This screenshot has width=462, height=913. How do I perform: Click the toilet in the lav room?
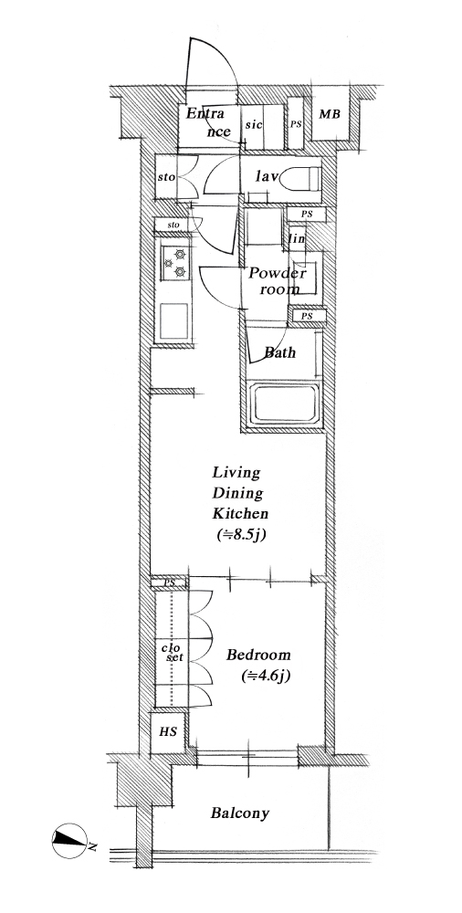tap(300, 178)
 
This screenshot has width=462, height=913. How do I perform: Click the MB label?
tap(330, 114)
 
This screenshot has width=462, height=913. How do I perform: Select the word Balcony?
tap(240, 813)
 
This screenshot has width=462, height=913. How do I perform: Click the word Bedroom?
tap(258, 655)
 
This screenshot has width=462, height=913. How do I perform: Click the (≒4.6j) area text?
tap(266, 677)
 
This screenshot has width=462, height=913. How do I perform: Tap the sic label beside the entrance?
tap(254, 124)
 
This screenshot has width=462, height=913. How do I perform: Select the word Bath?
tap(279, 352)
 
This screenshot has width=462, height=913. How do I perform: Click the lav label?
tap(268, 176)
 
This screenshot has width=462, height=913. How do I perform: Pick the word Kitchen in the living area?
tap(240, 514)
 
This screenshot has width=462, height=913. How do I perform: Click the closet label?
tap(173, 653)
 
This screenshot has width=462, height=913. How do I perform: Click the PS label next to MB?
tap(296, 124)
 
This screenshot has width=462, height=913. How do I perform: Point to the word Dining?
tap(237, 494)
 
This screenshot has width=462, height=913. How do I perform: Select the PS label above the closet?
tap(170, 582)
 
